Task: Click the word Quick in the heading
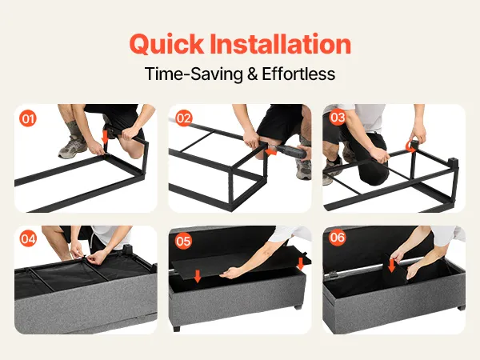coord(166,44)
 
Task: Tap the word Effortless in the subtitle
coord(298,74)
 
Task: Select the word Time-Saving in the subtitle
coord(194,74)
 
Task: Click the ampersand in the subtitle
coord(252,74)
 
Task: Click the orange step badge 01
coord(28,118)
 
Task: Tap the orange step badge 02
coord(183,118)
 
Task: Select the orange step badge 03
coord(338,118)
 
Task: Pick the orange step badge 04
coord(28,238)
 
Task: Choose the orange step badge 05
coord(183,241)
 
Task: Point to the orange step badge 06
coord(338,238)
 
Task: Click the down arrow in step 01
coord(105,137)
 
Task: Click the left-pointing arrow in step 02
coord(271,151)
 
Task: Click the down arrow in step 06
coord(391,266)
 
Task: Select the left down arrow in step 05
coord(198,276)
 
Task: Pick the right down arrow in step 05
coord(301,263)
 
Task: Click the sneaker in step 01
coord(73,147)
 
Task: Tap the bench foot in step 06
coord(461,306)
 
